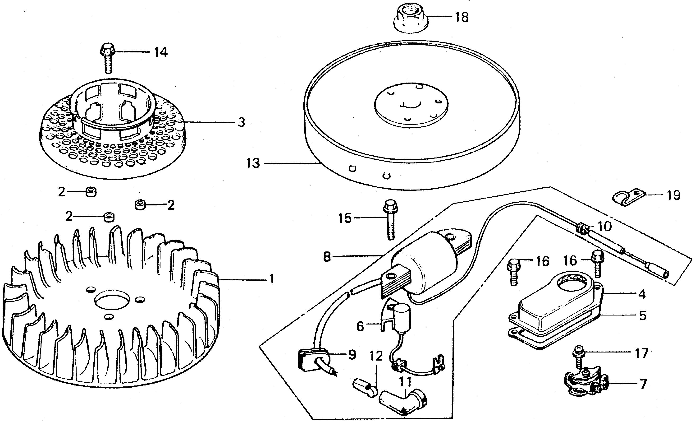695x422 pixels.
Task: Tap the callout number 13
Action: (x=253, y=163)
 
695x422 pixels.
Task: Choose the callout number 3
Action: (x=241, y=122)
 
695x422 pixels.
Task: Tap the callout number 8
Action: (x=327, y=257)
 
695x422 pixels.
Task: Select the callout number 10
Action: (x=604, y=226)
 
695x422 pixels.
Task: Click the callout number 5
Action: (x=642, y=316)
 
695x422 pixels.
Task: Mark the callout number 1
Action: (x=271, y=279)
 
